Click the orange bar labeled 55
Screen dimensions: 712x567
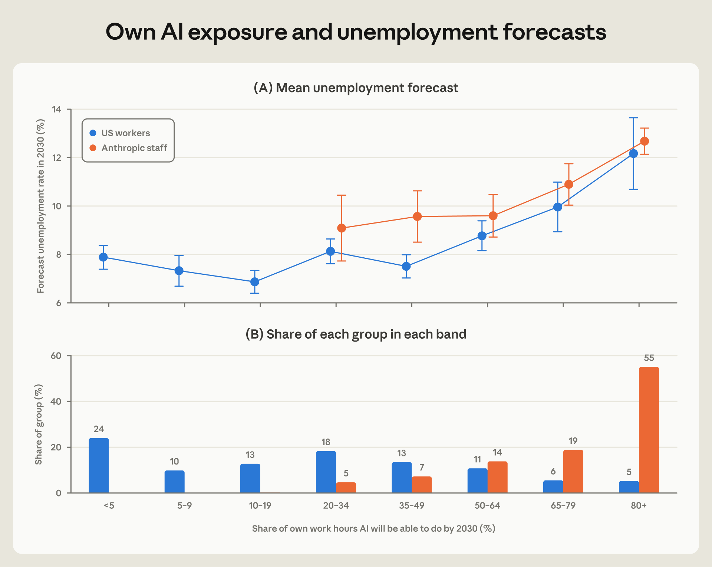pos(649,430)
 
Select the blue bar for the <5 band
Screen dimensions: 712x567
pos(99,466)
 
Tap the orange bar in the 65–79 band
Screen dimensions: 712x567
pos(573,472)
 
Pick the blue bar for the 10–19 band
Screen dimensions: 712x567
pos(250,478)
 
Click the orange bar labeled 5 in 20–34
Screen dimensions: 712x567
pos(346,488)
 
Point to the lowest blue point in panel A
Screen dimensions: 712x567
pos(255,282)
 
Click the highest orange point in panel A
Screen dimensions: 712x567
pos(645,141)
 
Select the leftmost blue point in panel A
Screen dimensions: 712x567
pos(103,257)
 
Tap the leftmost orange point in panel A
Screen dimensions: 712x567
pos(342,228)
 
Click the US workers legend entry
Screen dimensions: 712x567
pos(120,133)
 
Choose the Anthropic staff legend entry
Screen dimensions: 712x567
pos(128,148)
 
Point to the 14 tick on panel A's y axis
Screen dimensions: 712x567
pos(57,109)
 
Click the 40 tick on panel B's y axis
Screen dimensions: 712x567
pos(56,401)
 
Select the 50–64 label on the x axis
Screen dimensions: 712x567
pos(487,505)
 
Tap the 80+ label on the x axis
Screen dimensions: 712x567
pos(639,505)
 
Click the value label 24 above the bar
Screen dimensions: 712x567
pos(99,429)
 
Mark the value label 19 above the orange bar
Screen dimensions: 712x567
pos(573,441)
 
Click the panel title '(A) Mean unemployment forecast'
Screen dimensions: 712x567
pos(356,88)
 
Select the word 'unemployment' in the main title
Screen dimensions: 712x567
pos(417,32)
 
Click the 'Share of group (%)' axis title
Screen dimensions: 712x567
pos(39,424)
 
